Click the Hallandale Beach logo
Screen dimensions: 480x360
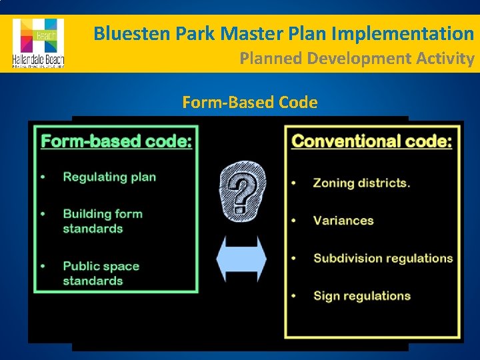coord(38,43)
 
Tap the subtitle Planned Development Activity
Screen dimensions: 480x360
coord(357,59)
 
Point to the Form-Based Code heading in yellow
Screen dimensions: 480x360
coord(249,103)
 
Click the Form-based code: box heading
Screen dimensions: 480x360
coord(117,141)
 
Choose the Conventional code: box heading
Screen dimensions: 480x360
coord(372,141)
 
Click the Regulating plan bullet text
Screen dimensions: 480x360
coord(109,177)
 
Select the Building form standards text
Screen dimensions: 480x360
coord(103,221)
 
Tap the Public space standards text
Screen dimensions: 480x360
coord(101,273)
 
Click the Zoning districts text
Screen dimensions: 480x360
coord(362,183)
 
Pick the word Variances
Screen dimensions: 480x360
coord(343,220)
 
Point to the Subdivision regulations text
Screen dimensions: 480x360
coord(383,258)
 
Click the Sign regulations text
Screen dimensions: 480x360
coord(362,295)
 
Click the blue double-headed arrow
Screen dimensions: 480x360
coord(243,259)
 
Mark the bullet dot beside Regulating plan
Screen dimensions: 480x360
coord(43,177)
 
